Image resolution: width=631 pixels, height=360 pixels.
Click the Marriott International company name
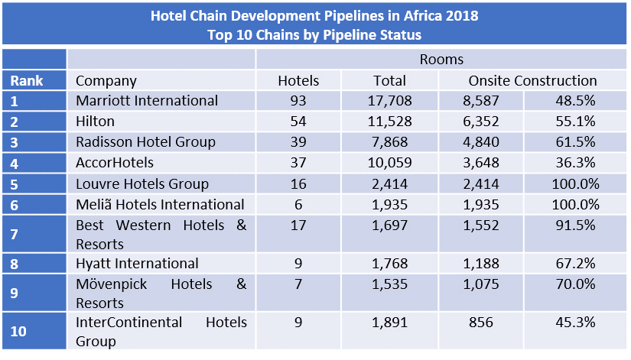(147, 101)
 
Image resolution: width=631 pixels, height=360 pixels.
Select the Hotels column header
(298, 80)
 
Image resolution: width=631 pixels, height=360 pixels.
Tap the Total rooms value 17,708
(389, 101)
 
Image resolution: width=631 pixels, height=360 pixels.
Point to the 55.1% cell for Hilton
(574, 121)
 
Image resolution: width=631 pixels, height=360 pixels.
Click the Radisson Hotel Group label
(145, 141)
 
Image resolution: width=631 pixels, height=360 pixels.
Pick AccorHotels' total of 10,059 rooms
(389, 162)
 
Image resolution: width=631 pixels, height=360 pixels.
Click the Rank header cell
(27, 80)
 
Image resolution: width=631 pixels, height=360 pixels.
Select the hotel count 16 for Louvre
(298, 183)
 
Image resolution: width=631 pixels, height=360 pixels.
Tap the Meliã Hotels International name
(160, 204)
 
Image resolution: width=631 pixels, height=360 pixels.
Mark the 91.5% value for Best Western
(574, 225)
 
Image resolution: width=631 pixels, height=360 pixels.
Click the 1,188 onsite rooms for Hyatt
(482, 263)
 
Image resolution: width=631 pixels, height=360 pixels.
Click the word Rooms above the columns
(441, 59)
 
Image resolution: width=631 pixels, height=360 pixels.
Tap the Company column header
(106, 80)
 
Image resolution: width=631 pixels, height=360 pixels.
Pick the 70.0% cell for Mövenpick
(574, 284)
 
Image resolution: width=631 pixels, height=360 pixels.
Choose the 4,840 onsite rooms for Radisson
(482, 141)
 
